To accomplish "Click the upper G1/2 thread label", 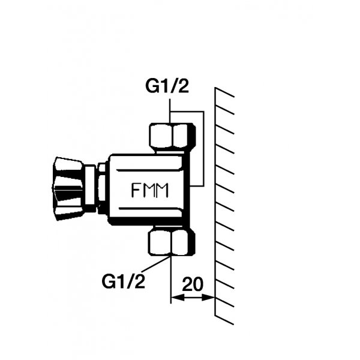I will [167, 88].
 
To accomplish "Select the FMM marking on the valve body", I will [149, 190].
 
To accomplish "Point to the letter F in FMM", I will [136, 190].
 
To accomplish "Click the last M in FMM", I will [163, 190].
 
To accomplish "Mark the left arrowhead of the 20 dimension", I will [176, 296].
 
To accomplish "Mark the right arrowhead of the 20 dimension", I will [211, 296].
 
